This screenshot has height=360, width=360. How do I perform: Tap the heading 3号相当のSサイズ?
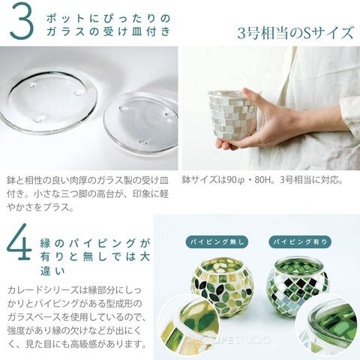(x=295, y=33)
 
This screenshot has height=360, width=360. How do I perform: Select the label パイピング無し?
(x=217, y=242)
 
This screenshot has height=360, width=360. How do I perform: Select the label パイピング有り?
(x=300, y=242)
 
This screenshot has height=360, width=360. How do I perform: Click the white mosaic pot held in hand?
(x=231, y=114)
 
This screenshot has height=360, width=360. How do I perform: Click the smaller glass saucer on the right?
(x=141, y=122)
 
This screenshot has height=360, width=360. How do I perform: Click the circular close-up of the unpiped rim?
(x=189, y=325)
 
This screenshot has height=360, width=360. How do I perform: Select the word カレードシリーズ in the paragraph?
(x=43, y=290)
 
